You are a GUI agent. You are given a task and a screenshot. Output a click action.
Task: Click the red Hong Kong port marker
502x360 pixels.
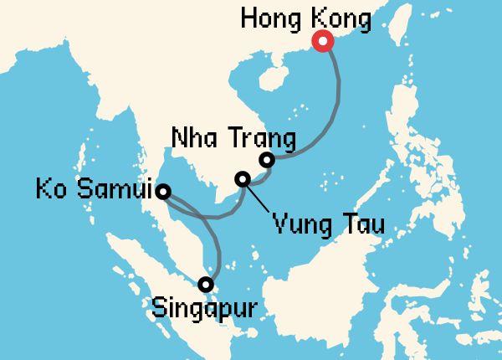click(x=321, y=42)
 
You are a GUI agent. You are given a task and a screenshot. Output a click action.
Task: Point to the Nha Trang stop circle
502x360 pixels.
click(x=267, y=160)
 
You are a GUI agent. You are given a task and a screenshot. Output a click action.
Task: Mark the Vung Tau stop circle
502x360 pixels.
click(x=243, y=178)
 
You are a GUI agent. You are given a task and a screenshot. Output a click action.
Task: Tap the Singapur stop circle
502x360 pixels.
click(x=206, y=284)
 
